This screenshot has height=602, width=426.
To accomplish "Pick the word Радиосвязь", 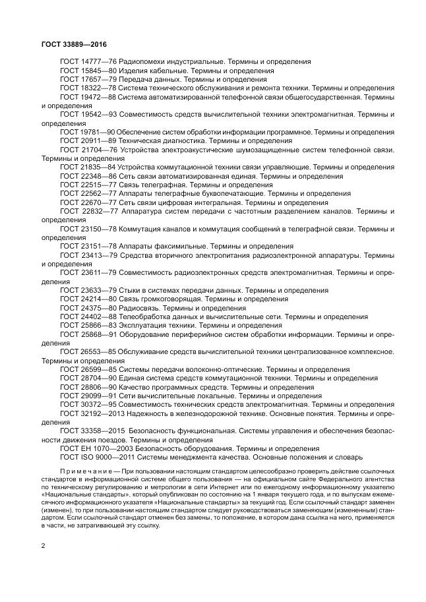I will tap(140, 308).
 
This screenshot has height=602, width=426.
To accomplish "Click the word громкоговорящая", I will tap(173, 299).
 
